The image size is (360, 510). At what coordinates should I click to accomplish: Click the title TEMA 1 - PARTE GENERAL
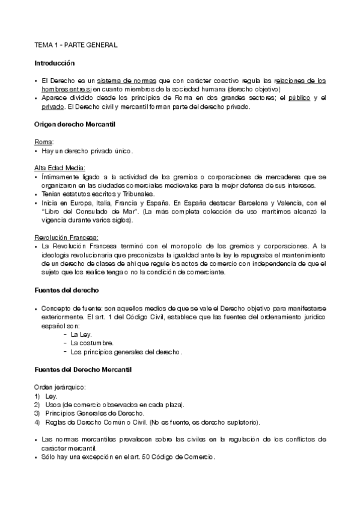click(x=75, y=45)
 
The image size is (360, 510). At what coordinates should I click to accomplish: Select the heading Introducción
click(x=54, y=63)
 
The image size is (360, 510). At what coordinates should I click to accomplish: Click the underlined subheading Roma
click(x=43, y=141)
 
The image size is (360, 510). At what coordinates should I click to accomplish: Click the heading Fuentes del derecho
click(x=66, y=290)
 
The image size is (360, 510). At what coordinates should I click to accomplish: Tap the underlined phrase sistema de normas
click(x=133, y=80)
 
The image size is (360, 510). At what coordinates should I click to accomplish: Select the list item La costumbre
click(x=92, y=343)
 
